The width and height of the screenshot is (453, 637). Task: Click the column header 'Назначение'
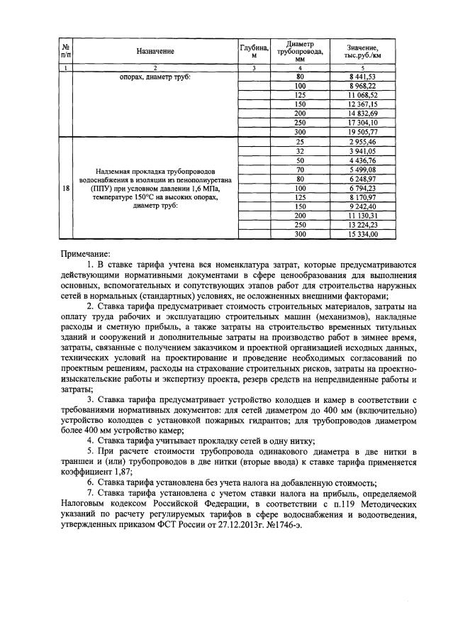pos(155,51)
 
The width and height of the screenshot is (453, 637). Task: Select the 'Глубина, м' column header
pos(254,51)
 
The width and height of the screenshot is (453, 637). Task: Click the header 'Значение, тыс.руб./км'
pos(368,51)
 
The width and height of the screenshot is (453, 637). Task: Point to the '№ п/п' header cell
pos(65,51)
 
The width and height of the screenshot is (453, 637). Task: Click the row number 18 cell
pos(65,189)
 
